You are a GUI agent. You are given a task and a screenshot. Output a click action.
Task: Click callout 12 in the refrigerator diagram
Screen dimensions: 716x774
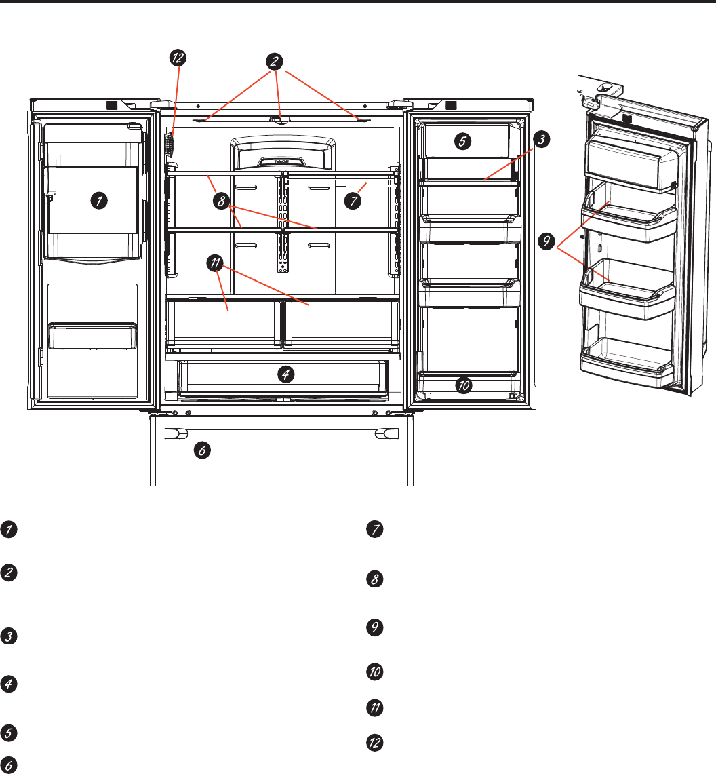(x=177, y=58)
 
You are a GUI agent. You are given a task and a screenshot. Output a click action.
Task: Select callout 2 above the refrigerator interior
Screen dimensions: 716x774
(x=275, y=61)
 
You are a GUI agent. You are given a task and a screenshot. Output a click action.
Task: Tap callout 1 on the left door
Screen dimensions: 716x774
(x=99, y=200)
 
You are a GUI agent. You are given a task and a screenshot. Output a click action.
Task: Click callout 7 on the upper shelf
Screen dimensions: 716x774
(x=351, y=200)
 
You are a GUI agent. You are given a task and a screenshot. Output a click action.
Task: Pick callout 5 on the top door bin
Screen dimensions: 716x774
(x=461, y=142)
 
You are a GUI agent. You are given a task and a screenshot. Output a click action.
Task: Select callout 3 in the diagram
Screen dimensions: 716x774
(x=541, y=140)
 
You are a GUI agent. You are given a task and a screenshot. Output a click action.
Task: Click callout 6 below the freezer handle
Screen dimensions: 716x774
(x=202, y=448)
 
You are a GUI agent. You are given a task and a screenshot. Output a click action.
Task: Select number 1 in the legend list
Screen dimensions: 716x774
(x=8, y=530)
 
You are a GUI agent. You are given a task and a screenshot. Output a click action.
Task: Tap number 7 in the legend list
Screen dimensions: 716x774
(x=373, y=530)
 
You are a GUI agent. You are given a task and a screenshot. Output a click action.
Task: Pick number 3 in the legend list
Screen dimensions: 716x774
(x=8, y=637)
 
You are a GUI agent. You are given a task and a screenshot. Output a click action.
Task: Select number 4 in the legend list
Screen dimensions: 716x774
(x=8, y=686)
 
